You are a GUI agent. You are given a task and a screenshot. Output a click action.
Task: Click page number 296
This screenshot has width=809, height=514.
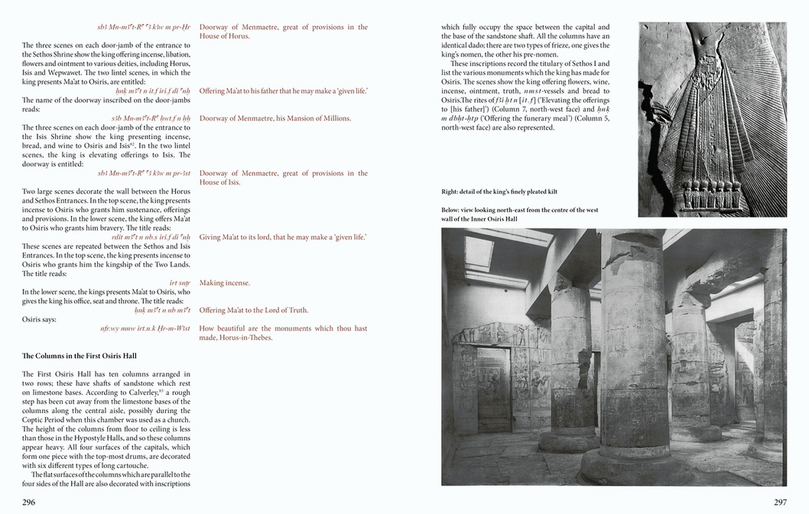click(x=28, y=502)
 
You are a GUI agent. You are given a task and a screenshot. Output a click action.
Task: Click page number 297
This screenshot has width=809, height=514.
click(x=780, y=502)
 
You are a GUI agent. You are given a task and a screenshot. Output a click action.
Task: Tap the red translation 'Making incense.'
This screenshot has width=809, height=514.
click(x=225, y=283)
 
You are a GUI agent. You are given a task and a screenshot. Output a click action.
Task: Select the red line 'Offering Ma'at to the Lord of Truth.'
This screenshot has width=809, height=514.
click(x=254, y=310)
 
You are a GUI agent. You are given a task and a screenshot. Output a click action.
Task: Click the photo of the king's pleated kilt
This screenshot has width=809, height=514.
click(x=712, y=119)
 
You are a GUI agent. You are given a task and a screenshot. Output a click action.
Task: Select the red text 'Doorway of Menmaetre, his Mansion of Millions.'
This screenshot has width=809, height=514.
click(x=275, y=118)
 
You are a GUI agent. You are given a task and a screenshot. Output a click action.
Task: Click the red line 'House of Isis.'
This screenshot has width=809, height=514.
click(x=219, y=183)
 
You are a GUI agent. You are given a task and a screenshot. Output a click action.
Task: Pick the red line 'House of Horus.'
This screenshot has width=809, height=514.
click(x=224, y=36)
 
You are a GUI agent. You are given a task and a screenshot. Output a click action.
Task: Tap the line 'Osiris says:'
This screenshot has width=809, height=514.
click(x=39, y=319)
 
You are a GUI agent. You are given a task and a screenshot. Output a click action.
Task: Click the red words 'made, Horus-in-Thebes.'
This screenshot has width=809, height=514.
click(x=236, y=338)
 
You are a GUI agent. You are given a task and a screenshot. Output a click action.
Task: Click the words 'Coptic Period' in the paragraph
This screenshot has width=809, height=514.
click(x=45, y=419)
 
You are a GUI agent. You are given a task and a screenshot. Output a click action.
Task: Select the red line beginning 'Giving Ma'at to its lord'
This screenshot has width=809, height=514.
click(x=283, y=237)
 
